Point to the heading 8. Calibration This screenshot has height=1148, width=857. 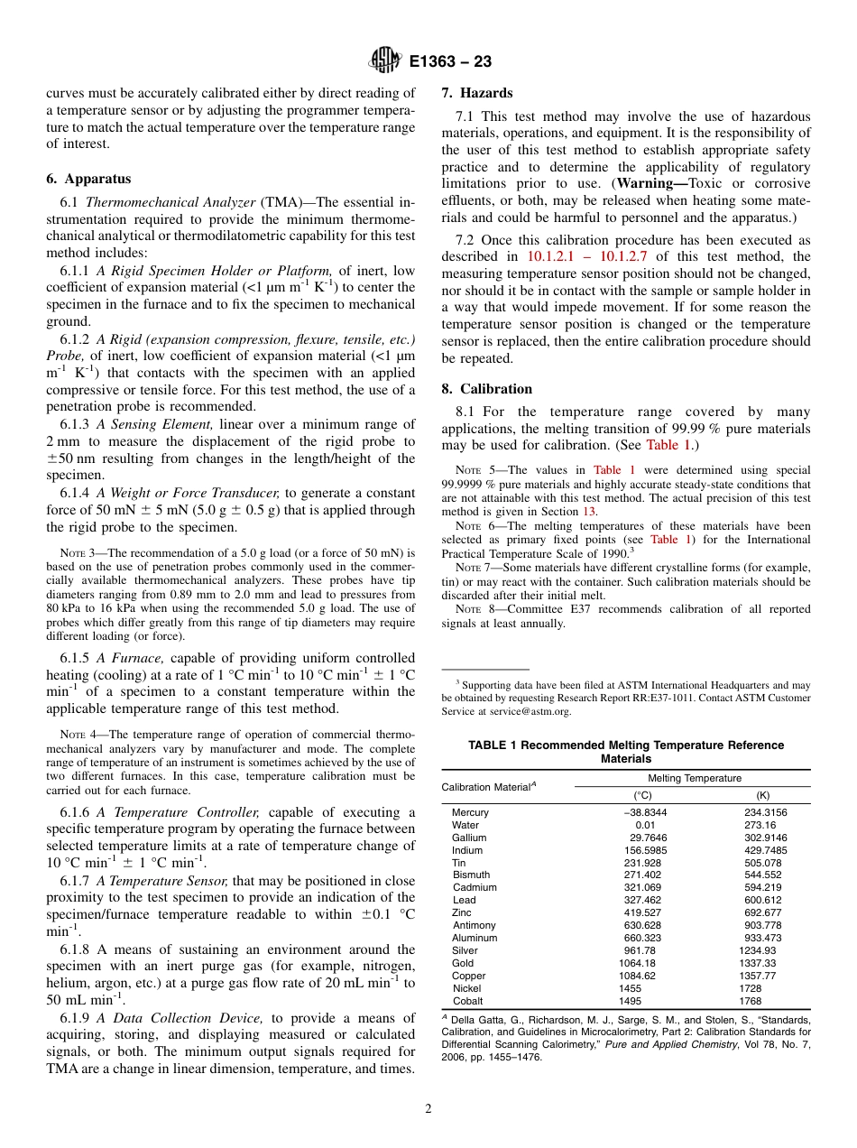tap(486, 389)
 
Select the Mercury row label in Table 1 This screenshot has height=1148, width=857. tap(470, 812)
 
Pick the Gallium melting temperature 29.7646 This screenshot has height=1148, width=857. tap(649, 838)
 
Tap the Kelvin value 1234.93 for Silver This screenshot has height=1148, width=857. tap(757, 950)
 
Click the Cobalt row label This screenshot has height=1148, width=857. tap(467, 1001)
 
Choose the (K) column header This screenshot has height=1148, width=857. tap(762, 795)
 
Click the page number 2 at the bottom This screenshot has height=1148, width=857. tap(428, 1109)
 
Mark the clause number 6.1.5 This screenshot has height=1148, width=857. tap(77, 658)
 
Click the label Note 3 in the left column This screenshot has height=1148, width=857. tap(77, 553)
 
